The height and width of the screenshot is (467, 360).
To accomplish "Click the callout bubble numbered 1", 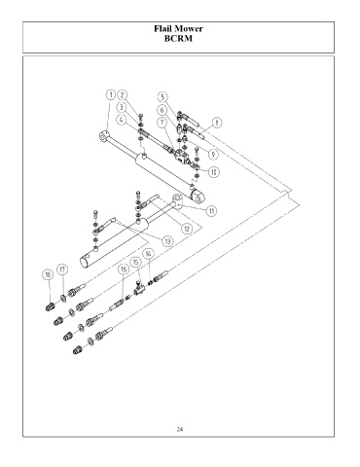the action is [111, 95].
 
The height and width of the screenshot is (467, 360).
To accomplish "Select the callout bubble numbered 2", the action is [122, 95].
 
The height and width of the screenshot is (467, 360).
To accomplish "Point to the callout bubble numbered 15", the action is [135, 262].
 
